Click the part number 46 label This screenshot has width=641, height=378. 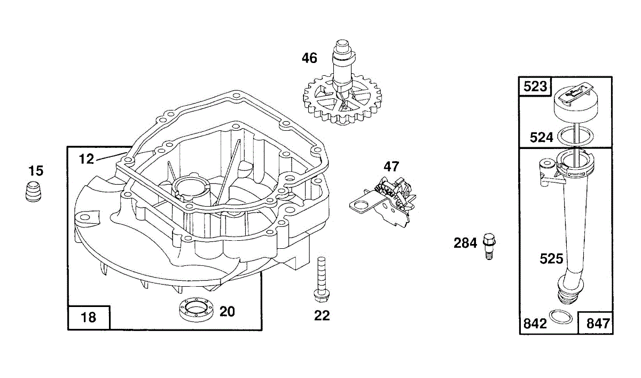[x=309, y=58]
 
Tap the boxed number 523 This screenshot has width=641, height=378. [x=535, y=86]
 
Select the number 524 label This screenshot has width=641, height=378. [x=542, y=138]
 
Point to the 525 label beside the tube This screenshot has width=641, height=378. [x=551, y=259]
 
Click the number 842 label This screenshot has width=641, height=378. [x=535, y=324]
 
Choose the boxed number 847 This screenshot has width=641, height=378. [x=598, y=324]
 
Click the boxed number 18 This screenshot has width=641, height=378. [x=89, y=317]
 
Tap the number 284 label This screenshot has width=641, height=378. [x=465, y=243]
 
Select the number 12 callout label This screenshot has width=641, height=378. [x=86, y=159]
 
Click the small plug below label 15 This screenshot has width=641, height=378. [x=33, y=191]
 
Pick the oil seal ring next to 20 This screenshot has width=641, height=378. [x=196, y=310]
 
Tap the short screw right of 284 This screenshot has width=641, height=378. [x=489, y=246]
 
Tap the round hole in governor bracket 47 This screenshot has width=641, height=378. [x=361, y=204]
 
